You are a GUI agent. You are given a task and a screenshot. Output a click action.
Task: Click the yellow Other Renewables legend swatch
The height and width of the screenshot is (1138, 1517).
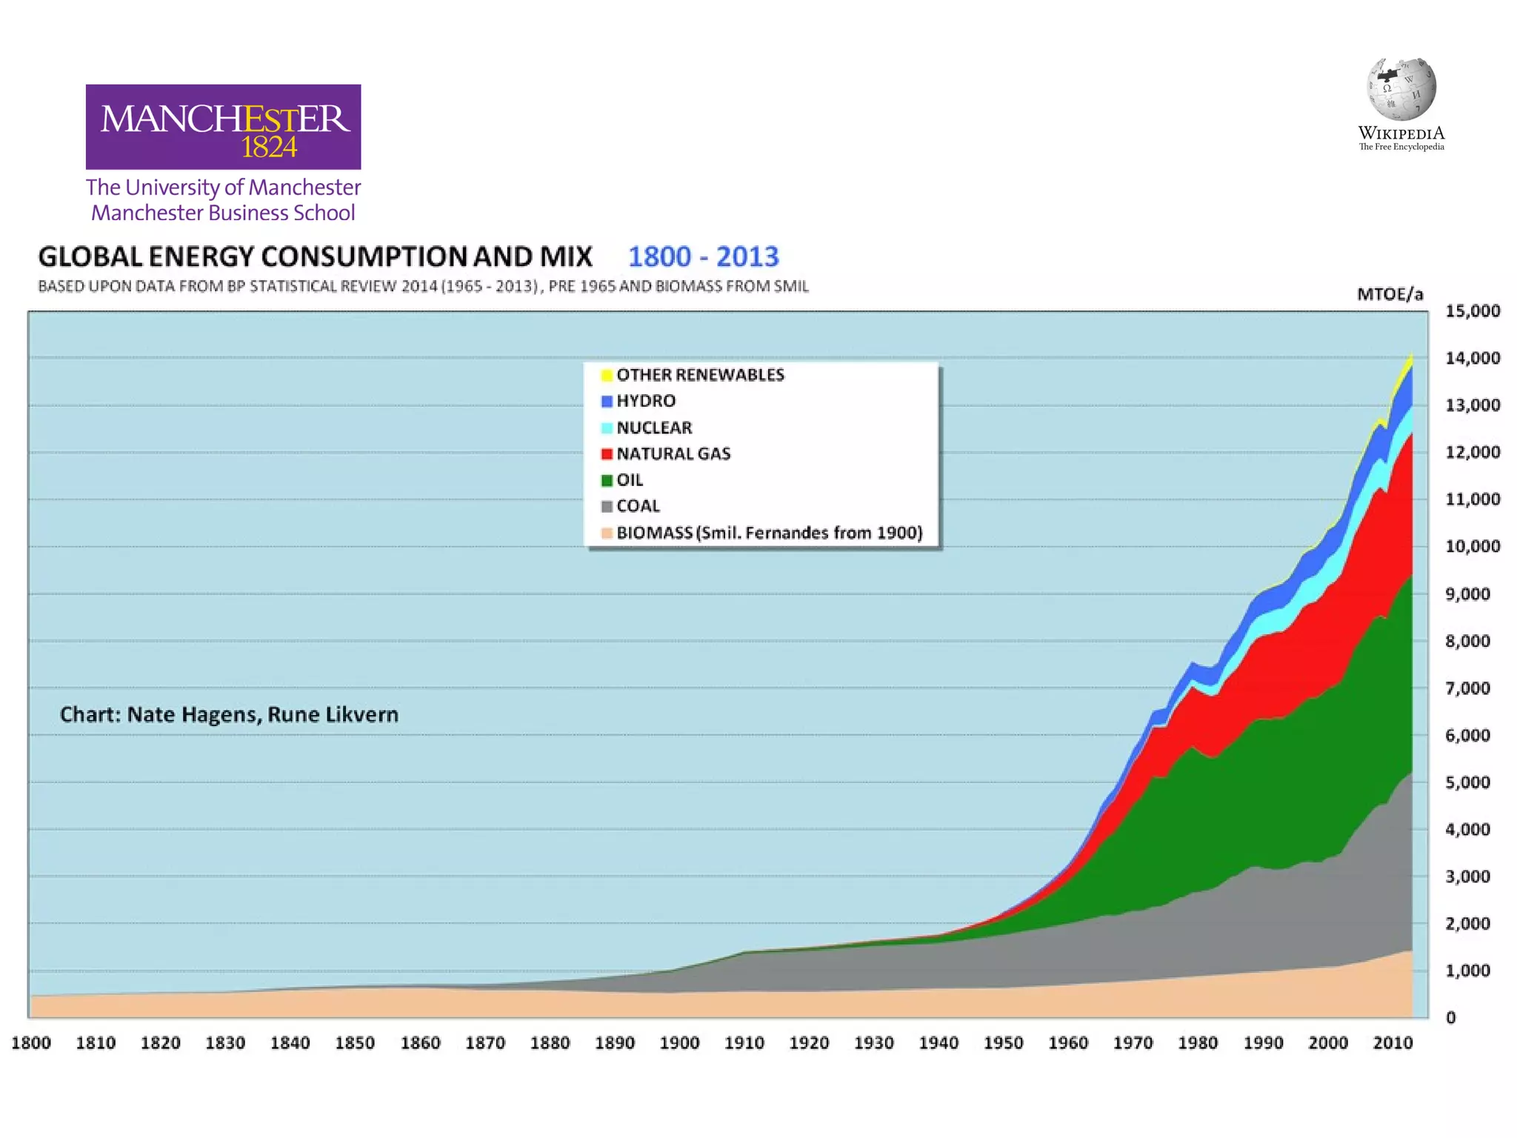click(x=607, y=375)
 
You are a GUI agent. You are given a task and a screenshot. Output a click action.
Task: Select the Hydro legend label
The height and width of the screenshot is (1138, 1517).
click(x=645, y=401)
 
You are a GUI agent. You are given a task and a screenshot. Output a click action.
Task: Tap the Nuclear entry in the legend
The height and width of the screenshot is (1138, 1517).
click(x=653, y=427)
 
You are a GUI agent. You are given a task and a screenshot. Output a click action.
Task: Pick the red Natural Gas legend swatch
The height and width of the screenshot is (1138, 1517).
click(x=607, y=453)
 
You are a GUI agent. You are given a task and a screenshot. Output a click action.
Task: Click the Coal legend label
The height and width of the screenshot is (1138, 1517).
click(x=638, y=506)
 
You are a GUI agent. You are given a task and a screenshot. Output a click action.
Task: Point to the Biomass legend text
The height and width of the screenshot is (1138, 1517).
click(x=769, y=533)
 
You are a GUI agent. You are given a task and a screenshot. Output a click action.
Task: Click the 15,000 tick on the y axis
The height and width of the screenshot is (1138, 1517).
click(x=1472, y=310)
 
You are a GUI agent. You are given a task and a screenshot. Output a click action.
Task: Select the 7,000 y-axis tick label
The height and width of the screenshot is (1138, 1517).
click(x=1468, y=688)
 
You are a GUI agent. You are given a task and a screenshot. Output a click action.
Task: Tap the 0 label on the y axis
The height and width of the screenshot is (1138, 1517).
click(x=1451, y=1018)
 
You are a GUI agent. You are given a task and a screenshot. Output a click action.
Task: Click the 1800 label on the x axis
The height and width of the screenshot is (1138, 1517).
click(x=31, y=1043)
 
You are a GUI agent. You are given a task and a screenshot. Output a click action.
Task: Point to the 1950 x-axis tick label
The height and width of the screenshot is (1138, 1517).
click(x=1003, y=1043)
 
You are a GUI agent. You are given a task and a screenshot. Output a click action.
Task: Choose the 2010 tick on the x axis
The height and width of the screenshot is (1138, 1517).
click(x=1393, y=1043)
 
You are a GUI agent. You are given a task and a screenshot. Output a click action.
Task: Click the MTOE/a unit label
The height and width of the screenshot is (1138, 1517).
click(x=1390, y=294)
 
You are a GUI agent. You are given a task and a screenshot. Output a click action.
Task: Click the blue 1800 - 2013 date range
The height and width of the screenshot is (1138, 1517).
click(x=703, y=257)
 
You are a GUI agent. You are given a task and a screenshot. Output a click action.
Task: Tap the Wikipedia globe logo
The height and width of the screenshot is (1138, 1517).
click(x=1401, y=89)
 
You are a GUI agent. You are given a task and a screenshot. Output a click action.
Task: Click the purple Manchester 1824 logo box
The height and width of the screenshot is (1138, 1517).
click(x=223, y=127)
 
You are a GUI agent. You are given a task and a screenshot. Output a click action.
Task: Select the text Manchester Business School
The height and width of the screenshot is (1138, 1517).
click(x=223, y=213)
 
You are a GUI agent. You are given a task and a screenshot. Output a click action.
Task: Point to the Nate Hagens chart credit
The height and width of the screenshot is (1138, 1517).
click(x=229, y=714)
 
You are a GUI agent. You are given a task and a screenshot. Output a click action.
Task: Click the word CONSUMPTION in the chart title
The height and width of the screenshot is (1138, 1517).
click(x=364, y=257)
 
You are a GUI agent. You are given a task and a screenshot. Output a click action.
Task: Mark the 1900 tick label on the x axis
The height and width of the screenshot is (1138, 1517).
click(x=679, y=1043)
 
